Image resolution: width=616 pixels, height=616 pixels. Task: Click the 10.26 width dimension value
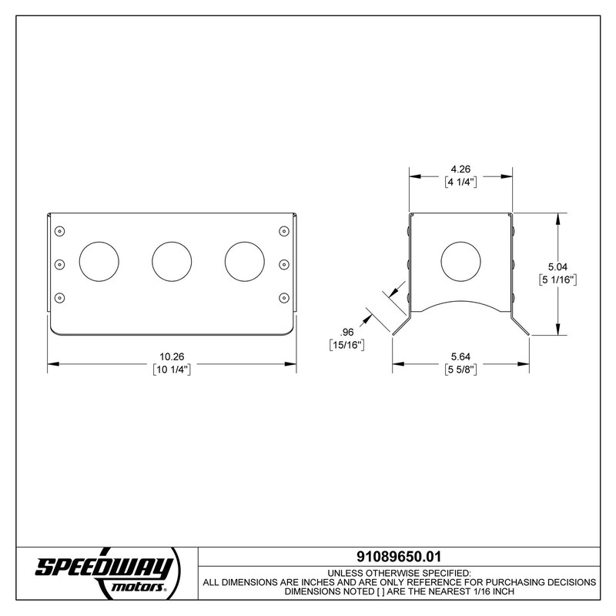(172, 357)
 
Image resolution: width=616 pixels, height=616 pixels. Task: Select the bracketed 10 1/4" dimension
(172, 370)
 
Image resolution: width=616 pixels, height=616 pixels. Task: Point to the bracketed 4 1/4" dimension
(460, 183)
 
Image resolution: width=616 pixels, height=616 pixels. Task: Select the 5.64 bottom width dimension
(460, 357)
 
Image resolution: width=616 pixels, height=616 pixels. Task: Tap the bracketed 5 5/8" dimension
(460, 370)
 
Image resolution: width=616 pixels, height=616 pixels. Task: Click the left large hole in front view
(100, 263)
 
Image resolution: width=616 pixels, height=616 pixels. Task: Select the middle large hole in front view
(172, 263)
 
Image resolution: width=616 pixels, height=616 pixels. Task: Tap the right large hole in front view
(245, 263)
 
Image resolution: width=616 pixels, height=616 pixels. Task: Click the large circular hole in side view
(460, 261)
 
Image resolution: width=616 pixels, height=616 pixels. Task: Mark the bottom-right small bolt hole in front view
(284, 296)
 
